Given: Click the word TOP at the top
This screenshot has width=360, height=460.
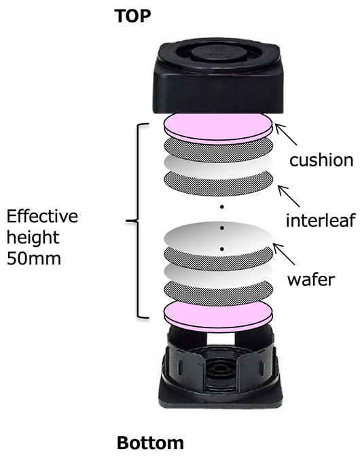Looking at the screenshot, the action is [132, 16].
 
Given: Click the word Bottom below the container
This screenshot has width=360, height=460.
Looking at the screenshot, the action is [150, 443].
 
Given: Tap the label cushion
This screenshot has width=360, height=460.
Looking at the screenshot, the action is [321, 160].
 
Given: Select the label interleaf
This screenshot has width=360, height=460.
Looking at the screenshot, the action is [321, 220].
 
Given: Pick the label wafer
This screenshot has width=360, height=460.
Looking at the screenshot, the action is [311, 279].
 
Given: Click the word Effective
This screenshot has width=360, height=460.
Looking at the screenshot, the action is [42, 216].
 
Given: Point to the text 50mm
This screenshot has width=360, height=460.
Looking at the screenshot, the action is [34, 258].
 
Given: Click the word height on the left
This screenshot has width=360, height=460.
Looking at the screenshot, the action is [33, 237].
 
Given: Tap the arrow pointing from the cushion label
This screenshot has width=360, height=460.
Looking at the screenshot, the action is [286, 135].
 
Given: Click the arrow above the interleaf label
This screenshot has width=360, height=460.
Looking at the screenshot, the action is [289, 196].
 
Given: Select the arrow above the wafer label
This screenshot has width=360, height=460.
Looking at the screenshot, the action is [284, 254].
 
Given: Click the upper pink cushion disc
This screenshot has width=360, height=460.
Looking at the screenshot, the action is [218, 128].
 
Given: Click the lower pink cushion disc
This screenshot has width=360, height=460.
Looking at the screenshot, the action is [218, 316].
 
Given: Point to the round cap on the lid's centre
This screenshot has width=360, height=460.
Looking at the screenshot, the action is [219, 54].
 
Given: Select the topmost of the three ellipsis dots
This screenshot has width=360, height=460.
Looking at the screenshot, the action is [222, 207].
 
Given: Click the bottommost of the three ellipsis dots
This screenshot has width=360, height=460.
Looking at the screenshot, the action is [222, 249].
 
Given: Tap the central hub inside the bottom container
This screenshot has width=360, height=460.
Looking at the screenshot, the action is [218, 370].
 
